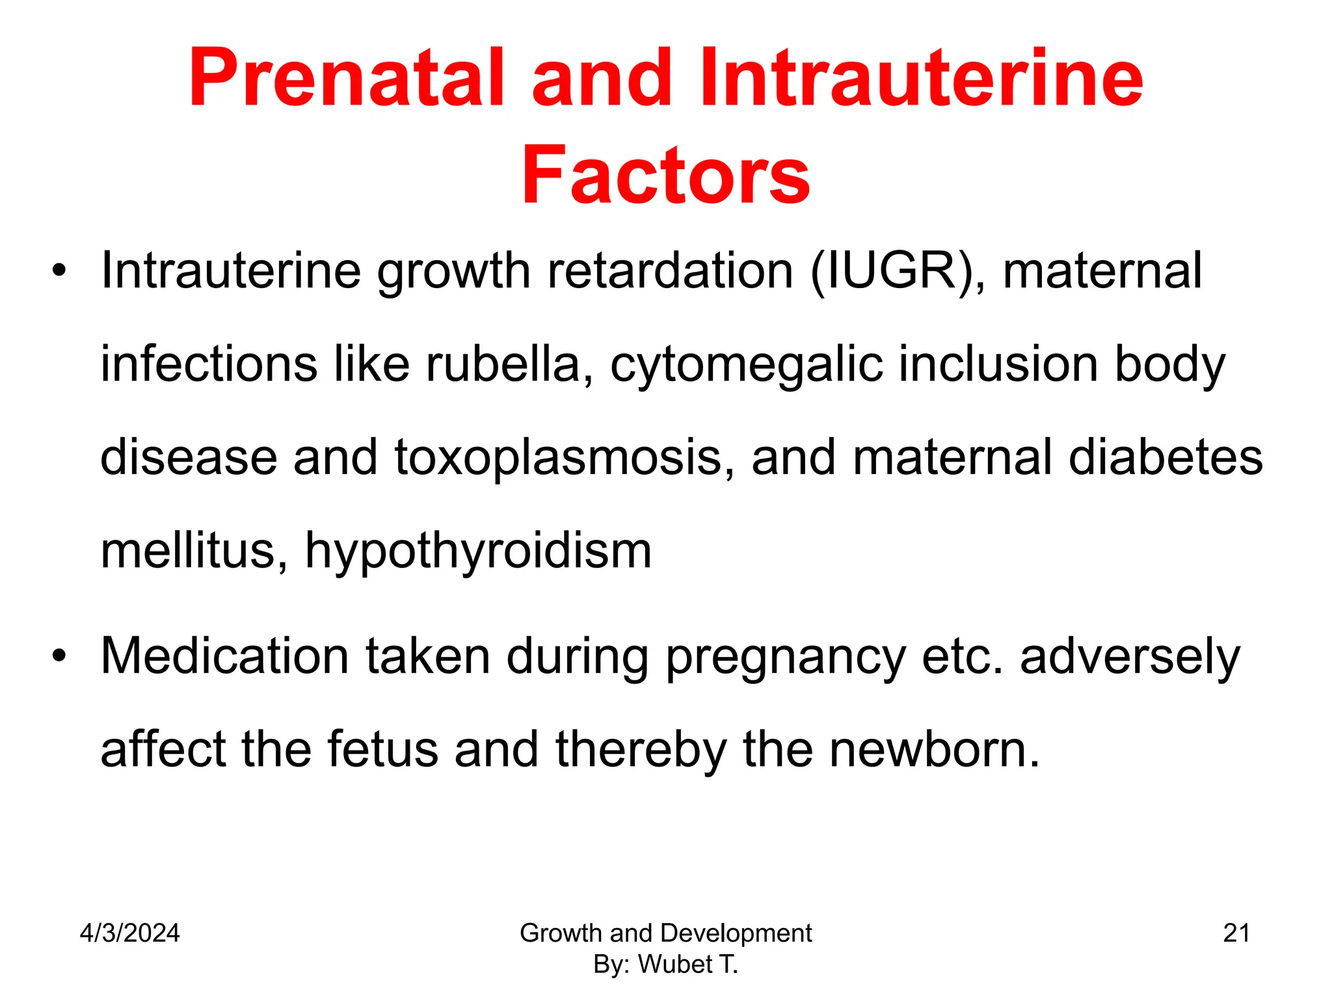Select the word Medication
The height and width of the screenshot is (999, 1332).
click(x=224, y=656)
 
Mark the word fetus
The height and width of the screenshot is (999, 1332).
click(x=382, y=749)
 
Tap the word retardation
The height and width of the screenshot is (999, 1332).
click(x=670, y=271)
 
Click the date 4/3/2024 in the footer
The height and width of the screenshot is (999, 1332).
click(x=129, y=933)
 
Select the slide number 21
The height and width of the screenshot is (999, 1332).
click(x=1236, y=933)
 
